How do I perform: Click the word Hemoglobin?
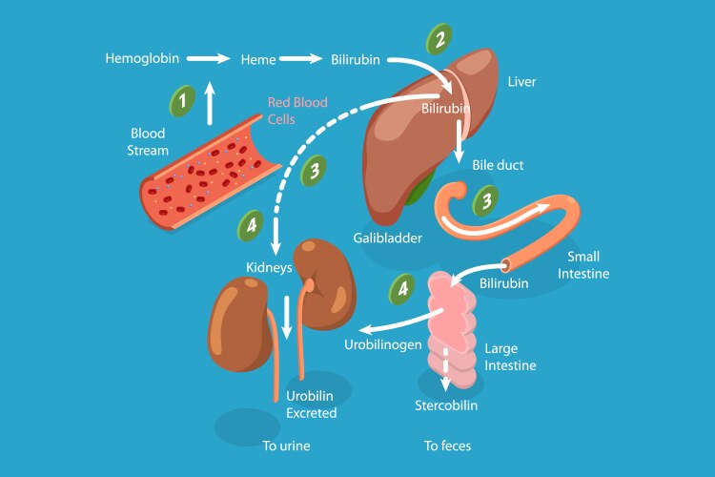tap(142, 59)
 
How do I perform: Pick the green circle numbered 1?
tap(183, 99)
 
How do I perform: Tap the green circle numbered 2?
tap(439, 41)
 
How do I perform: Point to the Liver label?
tap(522, 81)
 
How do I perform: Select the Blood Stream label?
tap(148, 142)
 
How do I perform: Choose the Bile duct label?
tap(498, 165)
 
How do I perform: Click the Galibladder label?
tap(387, 238)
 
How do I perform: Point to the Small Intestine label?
tap(588, 265)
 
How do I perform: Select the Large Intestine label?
tap(510, 357)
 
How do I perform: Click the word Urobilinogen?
tap(382, 343)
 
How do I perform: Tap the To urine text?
tap(287, 446)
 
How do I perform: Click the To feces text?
tap(447, 446)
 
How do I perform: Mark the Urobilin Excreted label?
tap(312, 404)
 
